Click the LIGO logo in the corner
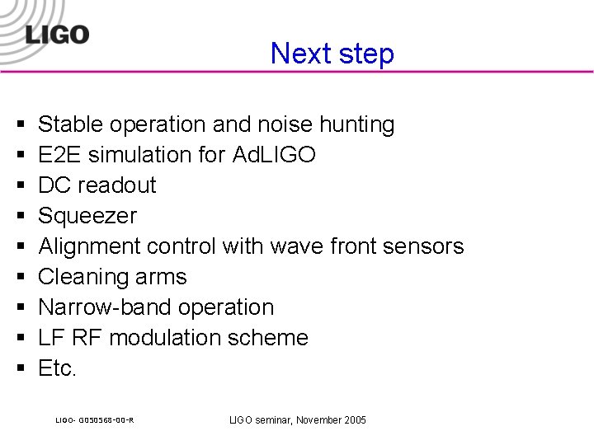pyautogui.click(x=57, y=34)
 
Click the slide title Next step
pyautogui.click(x=332, y=54)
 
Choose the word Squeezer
pyautogui.click(x=87, y=216)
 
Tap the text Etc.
pyautogui.click(x=57, y=368)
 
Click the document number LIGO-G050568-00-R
pyautogui.click(x=95, y=420)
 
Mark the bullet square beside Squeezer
pyautogui.click(x=18, y=217)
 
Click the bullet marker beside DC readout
pyautogui.click(x=18, y=186)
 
